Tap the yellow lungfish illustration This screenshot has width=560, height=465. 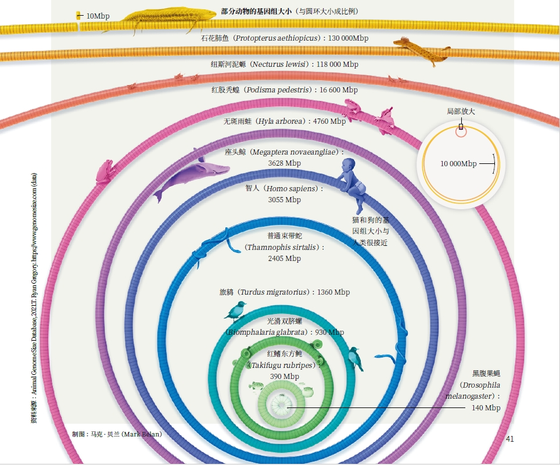[166, 17]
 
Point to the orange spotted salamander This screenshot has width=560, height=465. [417, 50]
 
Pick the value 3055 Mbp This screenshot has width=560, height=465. [285, 200]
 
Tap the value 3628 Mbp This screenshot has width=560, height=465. [285, 163]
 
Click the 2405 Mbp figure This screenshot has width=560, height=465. [285, 259]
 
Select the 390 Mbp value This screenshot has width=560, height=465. [285, 377]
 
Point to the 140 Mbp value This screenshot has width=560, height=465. [486, 408]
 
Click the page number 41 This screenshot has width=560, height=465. [511, 439]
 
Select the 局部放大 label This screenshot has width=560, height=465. [461, 111]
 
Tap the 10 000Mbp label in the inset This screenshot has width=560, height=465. [458, 164]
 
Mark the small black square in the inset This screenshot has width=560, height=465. [461, 126]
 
